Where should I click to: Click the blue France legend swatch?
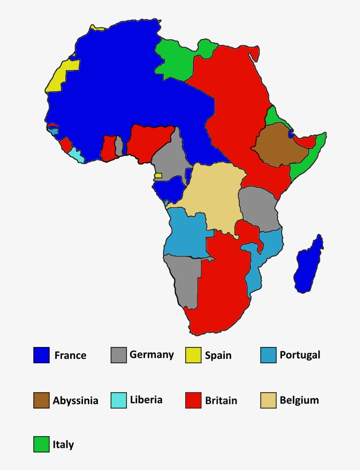[x=41, y=355]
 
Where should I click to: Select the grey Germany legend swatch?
[x=119, y=355]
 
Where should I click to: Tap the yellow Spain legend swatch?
[x=193, y=355]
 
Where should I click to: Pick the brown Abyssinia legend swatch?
[x=41, y=400]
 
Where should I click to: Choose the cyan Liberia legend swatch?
[x=119, y=400]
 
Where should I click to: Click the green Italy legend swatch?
[x=41, y=444]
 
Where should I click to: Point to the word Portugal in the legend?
[x=300, y=355]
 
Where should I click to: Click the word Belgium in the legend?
[x=299, y=400]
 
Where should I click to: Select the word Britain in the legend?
[x=221, y=401]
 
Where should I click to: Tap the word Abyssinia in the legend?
[x=76, y=401]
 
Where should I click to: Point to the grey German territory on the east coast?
[x=259, y=209]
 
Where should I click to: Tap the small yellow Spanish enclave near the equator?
[x=158, y=175]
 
